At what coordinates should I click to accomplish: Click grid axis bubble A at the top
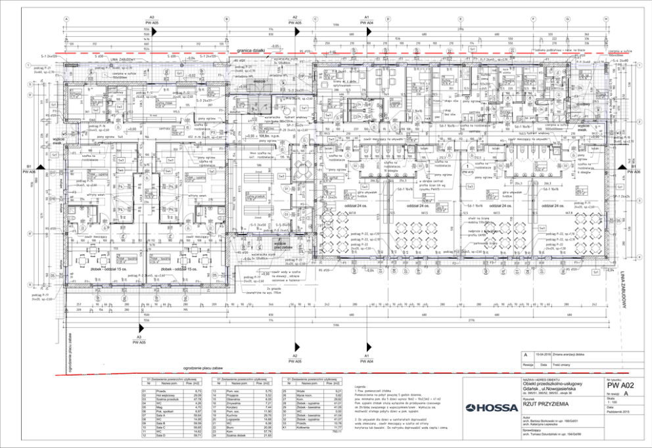pos(66,18)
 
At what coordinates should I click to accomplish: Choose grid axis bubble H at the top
pos(605,18)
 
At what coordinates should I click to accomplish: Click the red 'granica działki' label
pos(251,50)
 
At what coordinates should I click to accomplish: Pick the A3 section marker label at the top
pos(152,18)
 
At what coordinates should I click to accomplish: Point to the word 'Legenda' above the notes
pos(359,388)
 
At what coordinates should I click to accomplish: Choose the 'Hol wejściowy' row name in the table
pos(155,394)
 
